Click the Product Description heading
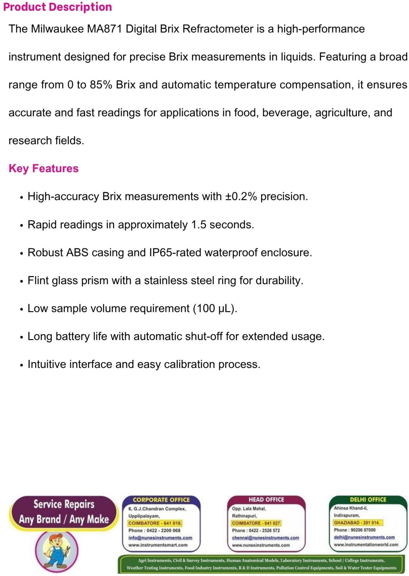coord(58,7)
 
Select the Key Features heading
coord(44,168)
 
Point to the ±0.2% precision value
coord(241,197)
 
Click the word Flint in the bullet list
coord(38,280)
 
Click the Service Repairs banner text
coord(64,504)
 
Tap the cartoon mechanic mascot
coord(57,549)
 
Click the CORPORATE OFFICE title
coord(161,500)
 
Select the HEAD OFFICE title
coord(266,500)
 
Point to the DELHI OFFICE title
coord(368,500)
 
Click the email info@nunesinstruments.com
coord(160,538)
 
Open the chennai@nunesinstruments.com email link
coord(265,538)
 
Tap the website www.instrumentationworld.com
coord(366,545)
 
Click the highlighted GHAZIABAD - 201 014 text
coord(357,523)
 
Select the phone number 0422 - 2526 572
coord(265,531)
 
